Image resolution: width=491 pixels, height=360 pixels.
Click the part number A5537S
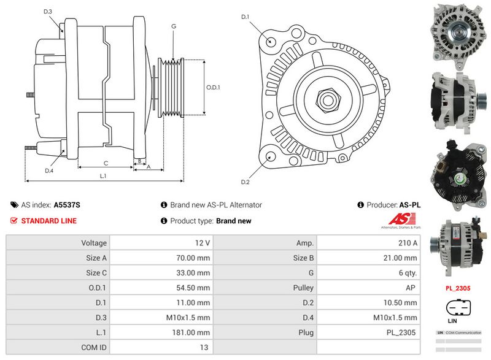pyautogui.click(x=67, y=205)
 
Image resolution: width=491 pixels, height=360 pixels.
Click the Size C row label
pyautogui.click(x=96, y=273)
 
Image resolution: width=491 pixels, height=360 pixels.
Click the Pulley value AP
pyautogui.click(x=411, y=288)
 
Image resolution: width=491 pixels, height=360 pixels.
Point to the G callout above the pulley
pyautogui.click(x=174, y=26)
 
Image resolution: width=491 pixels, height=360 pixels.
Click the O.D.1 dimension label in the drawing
pyautogui.click(x=213, y=87)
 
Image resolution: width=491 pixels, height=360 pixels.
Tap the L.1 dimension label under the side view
pyautogui.click(x=103, y=176)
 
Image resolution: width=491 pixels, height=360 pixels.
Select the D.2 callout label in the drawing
pyautogui.click(x=245, y=182)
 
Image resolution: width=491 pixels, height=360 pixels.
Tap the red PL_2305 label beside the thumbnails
pyautogui.click(x=457, y=287)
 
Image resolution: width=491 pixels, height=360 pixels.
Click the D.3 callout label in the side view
pyautogui.click(x=48, y=12)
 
